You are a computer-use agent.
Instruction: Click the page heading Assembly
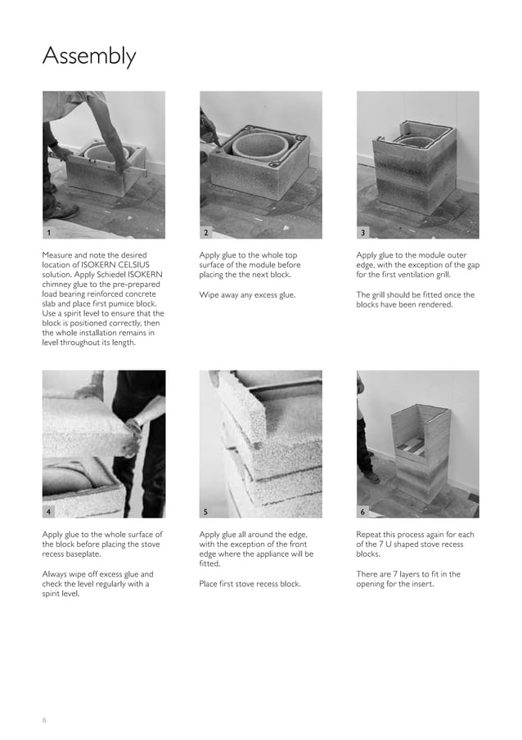tap(89, 56)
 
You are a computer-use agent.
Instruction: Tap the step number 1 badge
tap(50, 232)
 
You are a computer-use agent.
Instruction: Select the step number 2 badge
tap(206, 232)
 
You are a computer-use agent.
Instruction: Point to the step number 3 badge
tap(363, 232)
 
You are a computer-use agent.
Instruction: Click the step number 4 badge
tap(50, 511)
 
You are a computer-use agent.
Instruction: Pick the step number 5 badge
tap(206, 511)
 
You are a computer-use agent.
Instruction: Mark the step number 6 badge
tap(363, 511)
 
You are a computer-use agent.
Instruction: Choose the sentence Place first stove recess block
tap(250, 584)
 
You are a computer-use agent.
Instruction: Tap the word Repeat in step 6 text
tap(372, 534)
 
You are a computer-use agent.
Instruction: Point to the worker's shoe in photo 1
tap(62, 211)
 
